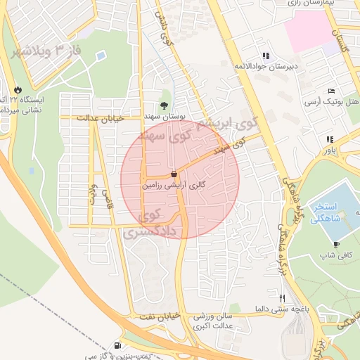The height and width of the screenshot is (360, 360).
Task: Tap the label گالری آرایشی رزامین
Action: (x=174, y=186)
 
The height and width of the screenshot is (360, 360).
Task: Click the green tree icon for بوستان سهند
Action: (x=164, y=105)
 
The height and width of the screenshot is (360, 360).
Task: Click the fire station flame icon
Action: (x=17, y=90)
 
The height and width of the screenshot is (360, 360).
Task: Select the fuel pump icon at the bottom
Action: (x=117, y=345)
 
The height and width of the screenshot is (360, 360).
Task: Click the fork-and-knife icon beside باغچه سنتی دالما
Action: (x=283, y=298)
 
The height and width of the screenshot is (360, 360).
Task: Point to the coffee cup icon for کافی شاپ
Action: (x=337, y=244)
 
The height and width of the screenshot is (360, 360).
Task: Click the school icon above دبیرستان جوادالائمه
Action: (x=265, y=56)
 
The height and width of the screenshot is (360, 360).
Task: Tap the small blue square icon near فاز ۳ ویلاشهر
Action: (x=101, y=55)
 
